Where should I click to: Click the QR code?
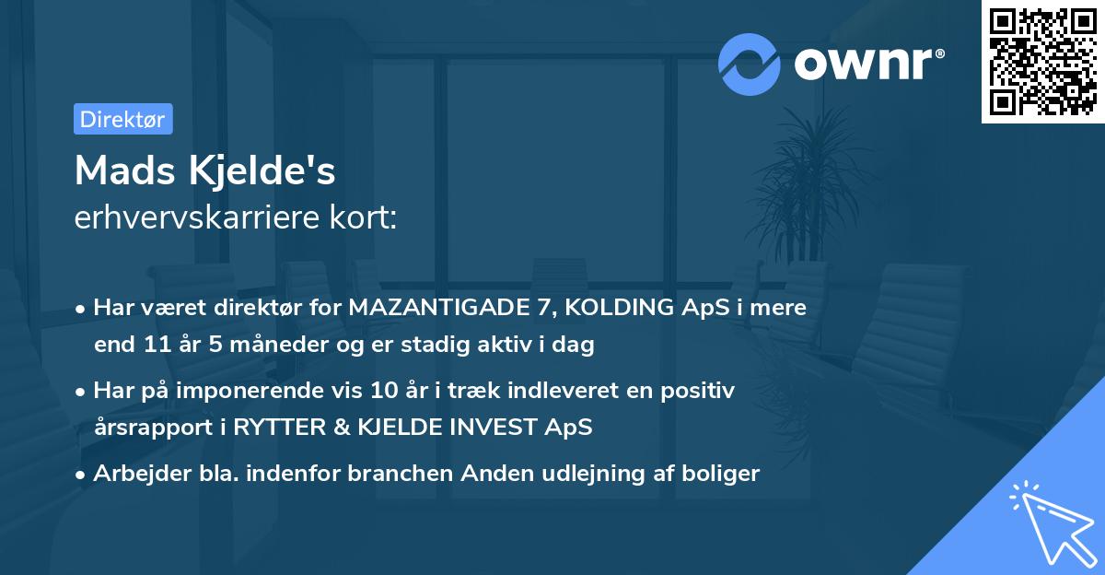pos(1043,62)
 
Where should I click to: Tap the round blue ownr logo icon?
pos(750,65)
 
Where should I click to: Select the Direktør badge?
pos(122,119)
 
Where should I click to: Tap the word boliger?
pos(725,474)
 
